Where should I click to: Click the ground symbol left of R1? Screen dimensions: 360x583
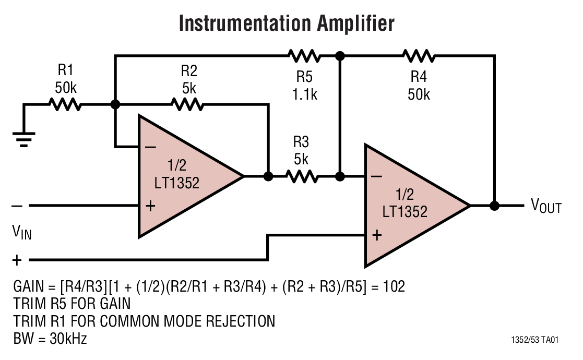pyautogui.click(x=23, y=139)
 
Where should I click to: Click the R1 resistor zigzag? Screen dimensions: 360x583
pyautogui.click(x=65, y=105)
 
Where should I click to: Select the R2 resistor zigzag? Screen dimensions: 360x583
pyautogui.click(x=188, y=105)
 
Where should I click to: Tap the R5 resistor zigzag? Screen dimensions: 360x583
pyautogui.click(x=303, y=55)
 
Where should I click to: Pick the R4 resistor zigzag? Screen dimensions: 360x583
pyautogui.click(x=418, y=55)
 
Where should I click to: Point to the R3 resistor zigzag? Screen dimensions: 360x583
pyautogui.click(x=302, y=177)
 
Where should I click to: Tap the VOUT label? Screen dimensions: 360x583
pyautogui.click(x=545, y=206)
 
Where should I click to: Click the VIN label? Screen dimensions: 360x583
pyautogui.click(x=22, y=232)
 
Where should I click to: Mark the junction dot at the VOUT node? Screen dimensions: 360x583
pyautogui.click(x=494, y=206)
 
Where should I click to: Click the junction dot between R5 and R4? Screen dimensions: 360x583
pyautogui.click(x=340, y=55)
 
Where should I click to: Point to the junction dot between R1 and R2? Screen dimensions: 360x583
pyautogui.click(x=115, y=105)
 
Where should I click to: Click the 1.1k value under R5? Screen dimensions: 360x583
pyautogui.click(x=304, y=95)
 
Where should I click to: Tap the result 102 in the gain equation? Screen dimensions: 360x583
pyautogui.click(x=394, y=287)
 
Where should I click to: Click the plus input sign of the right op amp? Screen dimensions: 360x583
pyautogui.click(x=376, y=235)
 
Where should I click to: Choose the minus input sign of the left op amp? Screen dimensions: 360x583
pyautogui.click(x=150, y=148)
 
